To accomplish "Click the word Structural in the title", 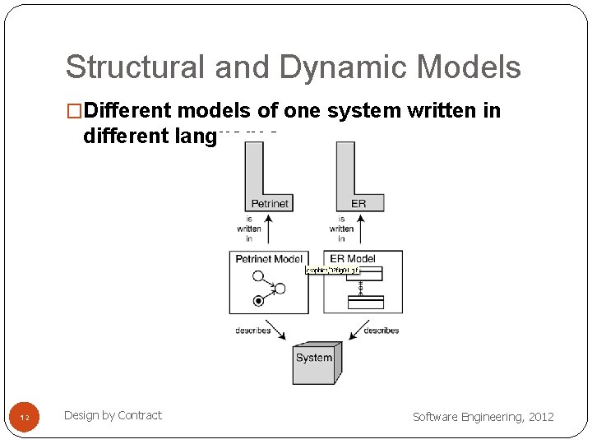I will tap(120, 67).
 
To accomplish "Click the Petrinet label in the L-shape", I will tap(270, 203).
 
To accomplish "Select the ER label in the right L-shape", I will tap(358, 203).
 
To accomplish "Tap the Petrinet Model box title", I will tap(269, 259).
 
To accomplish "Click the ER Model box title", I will tap(353, 258).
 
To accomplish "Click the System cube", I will tap(317, 363).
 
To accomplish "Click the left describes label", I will tap(253, 331).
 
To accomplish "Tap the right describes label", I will tap(381, 331).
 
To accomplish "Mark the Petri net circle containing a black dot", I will tap(259, 301).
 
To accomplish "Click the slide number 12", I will tap(25, 419).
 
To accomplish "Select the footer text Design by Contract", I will tap(113, 415).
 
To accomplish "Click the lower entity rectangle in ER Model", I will tap(365, 302).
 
